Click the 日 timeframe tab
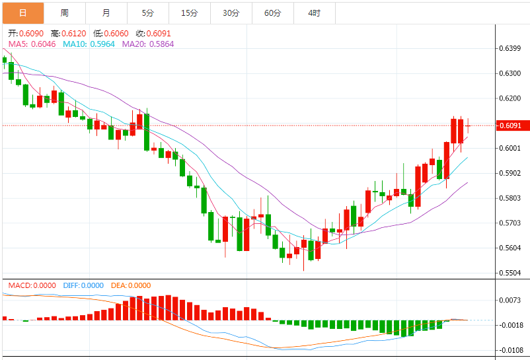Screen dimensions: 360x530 click(x=23, y=13)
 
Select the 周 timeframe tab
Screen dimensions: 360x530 click(x=65, y=13)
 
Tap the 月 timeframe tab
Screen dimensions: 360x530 click(x=106, y=13)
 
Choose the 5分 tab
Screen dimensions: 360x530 click(x=148, y=13)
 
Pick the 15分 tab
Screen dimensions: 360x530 click(x=189, y=13)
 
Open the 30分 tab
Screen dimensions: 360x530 click(x=231, y=13)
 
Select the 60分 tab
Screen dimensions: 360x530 click(x=272, y=13)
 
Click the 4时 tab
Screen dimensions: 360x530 click(x=314, y=13)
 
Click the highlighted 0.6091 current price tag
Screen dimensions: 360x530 click(x=511, y=126)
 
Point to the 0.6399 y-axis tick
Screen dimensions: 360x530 click(x=511, y=48)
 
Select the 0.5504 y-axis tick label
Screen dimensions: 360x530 click(x=511, y=273)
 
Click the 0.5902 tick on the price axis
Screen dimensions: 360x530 click(x=511, y=173)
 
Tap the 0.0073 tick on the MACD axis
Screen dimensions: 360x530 click(x=511, y=300)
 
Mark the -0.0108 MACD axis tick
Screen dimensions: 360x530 click(x=511, y=350)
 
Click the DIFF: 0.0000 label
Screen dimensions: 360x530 click(x=83, y=285)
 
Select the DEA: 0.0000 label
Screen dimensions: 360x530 click(x=130, y=285)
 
